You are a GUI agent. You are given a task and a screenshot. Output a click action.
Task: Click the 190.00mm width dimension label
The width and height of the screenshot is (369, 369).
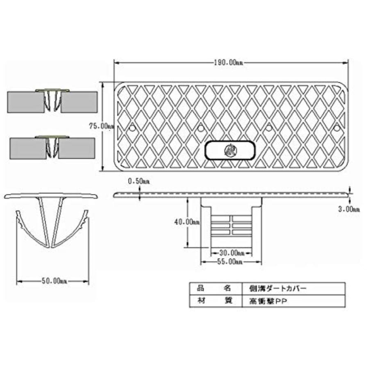228,63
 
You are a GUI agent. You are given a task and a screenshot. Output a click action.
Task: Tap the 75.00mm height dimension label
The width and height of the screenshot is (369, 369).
102,126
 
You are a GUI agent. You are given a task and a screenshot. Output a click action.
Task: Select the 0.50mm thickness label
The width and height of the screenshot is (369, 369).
139,181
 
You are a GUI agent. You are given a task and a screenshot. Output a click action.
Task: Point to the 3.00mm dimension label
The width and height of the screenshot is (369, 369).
349,209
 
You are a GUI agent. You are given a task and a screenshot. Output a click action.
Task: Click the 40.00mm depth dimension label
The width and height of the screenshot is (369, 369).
187,222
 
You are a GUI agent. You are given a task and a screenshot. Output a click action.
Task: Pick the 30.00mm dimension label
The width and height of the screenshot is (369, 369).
232,253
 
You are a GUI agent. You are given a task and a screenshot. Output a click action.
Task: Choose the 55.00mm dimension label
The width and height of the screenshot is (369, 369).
230,262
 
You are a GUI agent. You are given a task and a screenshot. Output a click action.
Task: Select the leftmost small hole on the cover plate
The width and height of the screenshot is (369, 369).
133,128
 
